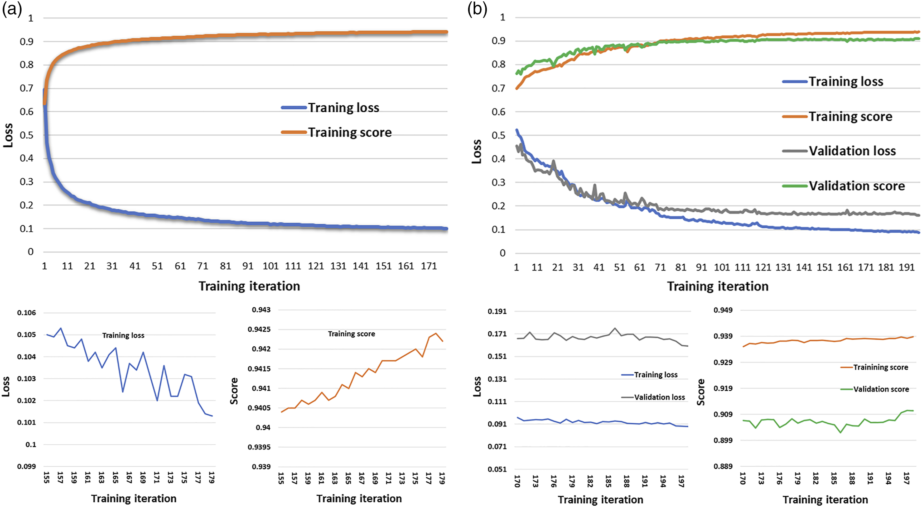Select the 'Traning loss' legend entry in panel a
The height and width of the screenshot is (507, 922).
(330, 107)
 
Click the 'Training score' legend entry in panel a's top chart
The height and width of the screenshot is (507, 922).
(336, 132)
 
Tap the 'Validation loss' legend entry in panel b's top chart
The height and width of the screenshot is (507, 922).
(839, 151)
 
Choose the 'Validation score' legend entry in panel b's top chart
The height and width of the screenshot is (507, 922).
(844, 186)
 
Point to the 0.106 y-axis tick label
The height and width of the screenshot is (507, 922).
(26, 313)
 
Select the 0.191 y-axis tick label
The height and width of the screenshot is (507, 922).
(497, 311)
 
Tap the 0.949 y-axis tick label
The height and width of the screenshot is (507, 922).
(723, 310)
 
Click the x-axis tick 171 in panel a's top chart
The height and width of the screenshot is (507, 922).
(429, 266)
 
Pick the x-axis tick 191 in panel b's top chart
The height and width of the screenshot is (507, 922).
(907, 267)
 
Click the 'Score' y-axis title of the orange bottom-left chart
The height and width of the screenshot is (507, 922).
(234, 391)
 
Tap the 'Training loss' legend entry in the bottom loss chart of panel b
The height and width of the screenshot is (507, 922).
(649, 375)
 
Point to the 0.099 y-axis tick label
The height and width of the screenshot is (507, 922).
(26, 466)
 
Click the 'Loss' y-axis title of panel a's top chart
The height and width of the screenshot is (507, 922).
(8, 135)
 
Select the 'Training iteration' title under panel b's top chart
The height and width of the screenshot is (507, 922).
(718, 286)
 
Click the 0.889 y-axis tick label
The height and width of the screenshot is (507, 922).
(723, 466)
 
